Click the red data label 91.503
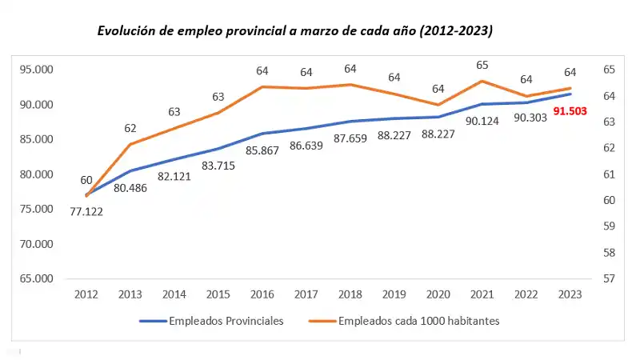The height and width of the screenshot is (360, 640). point(570,112)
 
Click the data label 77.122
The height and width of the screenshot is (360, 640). point(86,211)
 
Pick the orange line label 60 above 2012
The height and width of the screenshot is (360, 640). point(86,180)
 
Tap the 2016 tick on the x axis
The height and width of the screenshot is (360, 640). point(262,294)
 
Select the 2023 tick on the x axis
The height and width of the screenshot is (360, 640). point(570,294)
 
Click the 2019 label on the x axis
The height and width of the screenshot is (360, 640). point(394,294)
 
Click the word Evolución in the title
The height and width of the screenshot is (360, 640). point(125,31)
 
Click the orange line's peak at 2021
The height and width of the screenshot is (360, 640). point(482,81)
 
